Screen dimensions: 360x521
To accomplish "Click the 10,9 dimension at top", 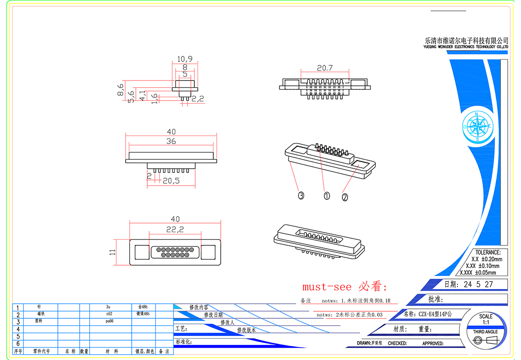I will (x=185, y=59).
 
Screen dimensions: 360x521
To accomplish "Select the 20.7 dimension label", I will (x=325, y=68).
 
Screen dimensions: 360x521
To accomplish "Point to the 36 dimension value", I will (x=171, y=141).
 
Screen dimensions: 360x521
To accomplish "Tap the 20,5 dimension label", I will (x=171, y=180).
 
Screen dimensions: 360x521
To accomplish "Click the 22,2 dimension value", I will (x=175, y=229).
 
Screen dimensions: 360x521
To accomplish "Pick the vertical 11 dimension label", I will (x=113, y=252).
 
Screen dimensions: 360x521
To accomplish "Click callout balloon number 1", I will (x=326, y=195).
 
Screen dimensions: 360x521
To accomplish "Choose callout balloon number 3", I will (x=300, y=195).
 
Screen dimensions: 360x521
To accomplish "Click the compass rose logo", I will (x=477, y=126).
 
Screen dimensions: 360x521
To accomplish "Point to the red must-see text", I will (x=345, y=287).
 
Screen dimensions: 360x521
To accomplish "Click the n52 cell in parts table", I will (x=109, y=314).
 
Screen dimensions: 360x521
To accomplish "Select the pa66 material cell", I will (x=109, y=321).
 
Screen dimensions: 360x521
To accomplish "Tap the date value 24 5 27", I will (x=478, y=285).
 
